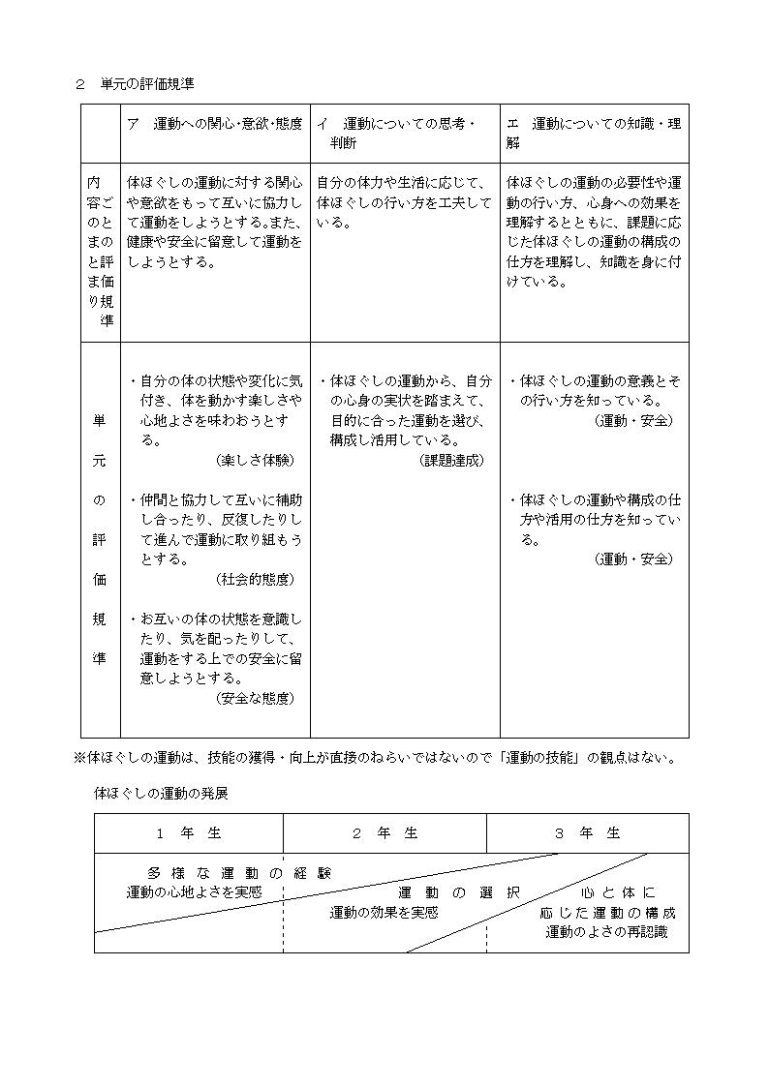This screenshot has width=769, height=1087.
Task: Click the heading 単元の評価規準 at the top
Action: point(147,84)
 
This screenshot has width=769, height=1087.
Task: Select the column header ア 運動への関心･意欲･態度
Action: point(214,124)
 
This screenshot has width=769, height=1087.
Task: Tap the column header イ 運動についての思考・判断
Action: point(397,134)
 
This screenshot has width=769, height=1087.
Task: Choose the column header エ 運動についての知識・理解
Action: point(593,134)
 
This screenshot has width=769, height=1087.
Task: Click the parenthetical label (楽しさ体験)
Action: point(256,460)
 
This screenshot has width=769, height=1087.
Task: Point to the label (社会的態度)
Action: point(256,579)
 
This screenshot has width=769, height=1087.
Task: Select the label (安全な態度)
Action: point(256,697)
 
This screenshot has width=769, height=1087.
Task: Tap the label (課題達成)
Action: point(451,460)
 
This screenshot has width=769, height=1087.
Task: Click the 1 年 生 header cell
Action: point(189,832)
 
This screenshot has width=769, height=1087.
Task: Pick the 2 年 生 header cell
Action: point(384,832)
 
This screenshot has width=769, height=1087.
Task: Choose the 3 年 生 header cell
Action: point(587,832)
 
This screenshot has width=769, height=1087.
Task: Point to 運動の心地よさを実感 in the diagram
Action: point(194,891)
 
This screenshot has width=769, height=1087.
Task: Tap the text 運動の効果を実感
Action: point(384,912)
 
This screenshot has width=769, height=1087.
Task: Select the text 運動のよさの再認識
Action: point(606,932)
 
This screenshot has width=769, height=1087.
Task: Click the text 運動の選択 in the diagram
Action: point(459,891)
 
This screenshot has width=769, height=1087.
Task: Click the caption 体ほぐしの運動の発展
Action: point(161,792)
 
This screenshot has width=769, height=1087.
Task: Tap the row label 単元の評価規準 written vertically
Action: point(99,539)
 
